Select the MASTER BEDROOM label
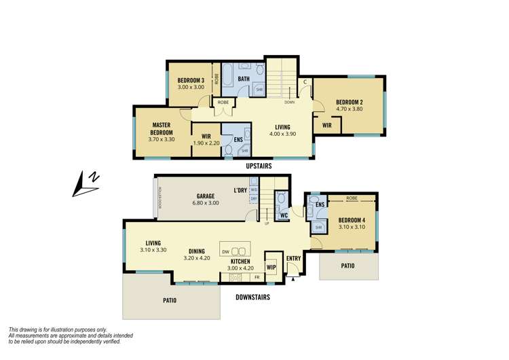(x=162, y=128)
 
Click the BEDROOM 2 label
(x=351, y=103)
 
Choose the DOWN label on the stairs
(x=290, y=102)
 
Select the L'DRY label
(x=240, y=190)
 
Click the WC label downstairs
(x=285, y=216)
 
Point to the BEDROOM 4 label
(x=352, y=219)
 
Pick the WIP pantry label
(x=271, y=267)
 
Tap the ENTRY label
(x=293, y=258)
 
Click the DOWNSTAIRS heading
(x=252, y=297)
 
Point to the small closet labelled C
(x=306, y=82)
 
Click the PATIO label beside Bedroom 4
(x=348, y=266)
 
